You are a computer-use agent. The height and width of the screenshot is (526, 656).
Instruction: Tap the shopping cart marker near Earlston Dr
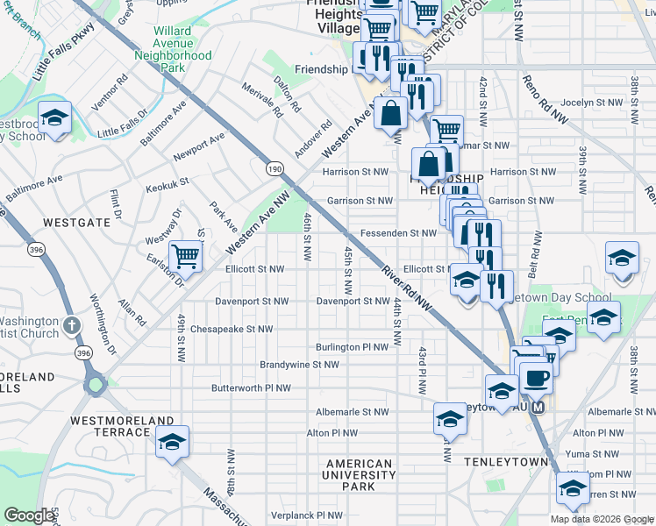(x=186, y=256)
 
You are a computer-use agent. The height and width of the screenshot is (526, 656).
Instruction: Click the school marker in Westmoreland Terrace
(x=172, y=443)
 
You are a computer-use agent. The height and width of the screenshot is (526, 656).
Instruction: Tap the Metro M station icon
(x=538, y=408)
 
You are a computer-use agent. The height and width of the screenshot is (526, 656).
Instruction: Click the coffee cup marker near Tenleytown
(x=535, y=378)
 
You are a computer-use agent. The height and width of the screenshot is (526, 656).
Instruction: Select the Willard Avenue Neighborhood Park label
(x=173, y=48)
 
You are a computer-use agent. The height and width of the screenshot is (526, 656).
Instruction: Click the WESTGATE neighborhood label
(x=76, y=223)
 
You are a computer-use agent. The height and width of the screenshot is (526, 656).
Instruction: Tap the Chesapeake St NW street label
(x=232, y=330)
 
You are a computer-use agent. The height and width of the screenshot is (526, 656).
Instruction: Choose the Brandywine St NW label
(x=299, y=365)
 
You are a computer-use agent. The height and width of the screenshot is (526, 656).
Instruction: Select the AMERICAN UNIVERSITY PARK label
(x=359, y=474)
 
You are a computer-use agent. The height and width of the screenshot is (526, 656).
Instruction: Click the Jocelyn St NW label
(x=590, y=103)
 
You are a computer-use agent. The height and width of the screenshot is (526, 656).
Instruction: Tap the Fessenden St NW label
(x=398, y=233)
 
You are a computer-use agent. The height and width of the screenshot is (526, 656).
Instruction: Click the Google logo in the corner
(x=29, y=515)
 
